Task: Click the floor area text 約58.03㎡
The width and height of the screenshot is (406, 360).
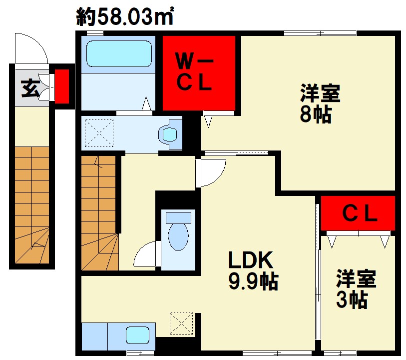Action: [x=124, y=16]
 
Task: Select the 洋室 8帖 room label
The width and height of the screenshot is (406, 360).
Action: [x=320, y=103]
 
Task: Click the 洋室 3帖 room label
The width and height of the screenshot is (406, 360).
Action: [x=356, y=288]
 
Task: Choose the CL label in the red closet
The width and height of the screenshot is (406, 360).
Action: [x=360, y=213]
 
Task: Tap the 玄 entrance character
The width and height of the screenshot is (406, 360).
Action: [x=30, y=88]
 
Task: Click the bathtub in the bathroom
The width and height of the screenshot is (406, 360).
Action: [x=119, y=53]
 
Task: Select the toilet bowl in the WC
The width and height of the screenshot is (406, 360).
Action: [x=178, y=237]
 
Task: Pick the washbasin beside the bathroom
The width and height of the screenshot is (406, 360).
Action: [x=170, y=134]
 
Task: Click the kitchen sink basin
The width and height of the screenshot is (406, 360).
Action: [x=137, y=335]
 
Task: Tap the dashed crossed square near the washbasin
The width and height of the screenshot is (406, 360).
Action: [x=99, y=133]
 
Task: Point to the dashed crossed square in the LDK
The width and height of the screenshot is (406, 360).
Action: [x=181, y=323]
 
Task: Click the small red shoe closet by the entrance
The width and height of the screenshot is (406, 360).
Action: [x=62, y=86]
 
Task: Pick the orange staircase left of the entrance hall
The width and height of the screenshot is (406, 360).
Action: [x=32, y=205]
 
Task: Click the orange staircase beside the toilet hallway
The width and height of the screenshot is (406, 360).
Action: [x=99, y=213]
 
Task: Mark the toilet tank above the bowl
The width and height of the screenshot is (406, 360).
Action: [x=178, y=217]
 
